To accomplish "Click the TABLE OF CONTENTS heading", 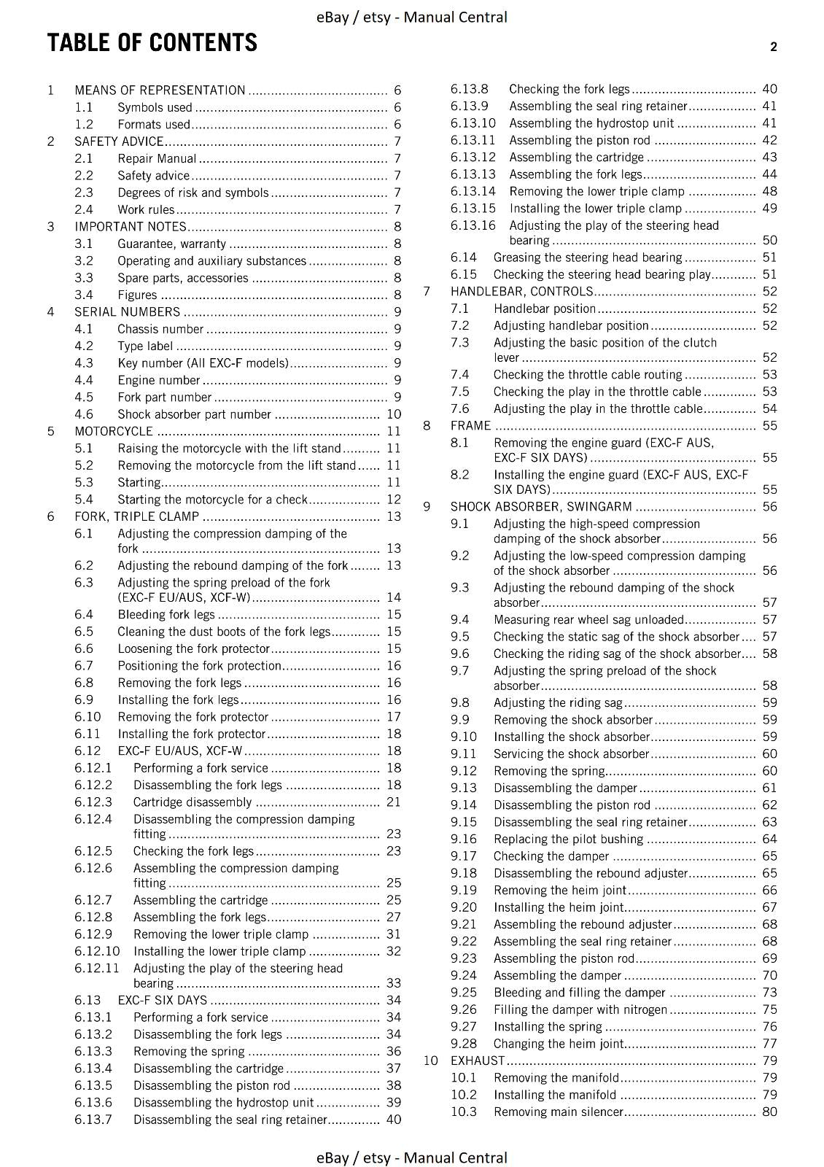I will (x=152, y=43).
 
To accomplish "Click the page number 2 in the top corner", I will (x=774, y=47).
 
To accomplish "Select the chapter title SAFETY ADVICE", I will (x=119, y=141).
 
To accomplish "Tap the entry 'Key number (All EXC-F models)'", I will (x=203, y=363).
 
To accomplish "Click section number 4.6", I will (x=84, y=414).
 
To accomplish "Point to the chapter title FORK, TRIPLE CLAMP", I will (x=136, y=516).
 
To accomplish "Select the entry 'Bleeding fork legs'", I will (x=166, y=615).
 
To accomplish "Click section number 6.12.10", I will (x=97, y=951).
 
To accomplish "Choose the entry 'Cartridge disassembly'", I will (x=193, y=802).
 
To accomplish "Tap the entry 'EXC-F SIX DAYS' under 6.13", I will (x=162, y=1000).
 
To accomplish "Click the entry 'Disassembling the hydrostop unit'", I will (x=223, y=1103).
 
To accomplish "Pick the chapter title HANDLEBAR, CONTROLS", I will (x=521, y=292).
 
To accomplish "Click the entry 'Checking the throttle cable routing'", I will (x=588, y=375).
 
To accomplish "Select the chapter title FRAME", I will (x=470, y=426).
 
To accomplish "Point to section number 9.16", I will (x=464, y=840).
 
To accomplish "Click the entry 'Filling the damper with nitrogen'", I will (x=580, y=1010).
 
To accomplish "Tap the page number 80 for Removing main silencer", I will (x=769, y=1112).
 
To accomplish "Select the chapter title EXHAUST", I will (x=478, y=1061).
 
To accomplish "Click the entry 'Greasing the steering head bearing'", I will (x=588, y=257).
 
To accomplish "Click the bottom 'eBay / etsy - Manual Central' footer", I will (x=412, y=1158).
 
